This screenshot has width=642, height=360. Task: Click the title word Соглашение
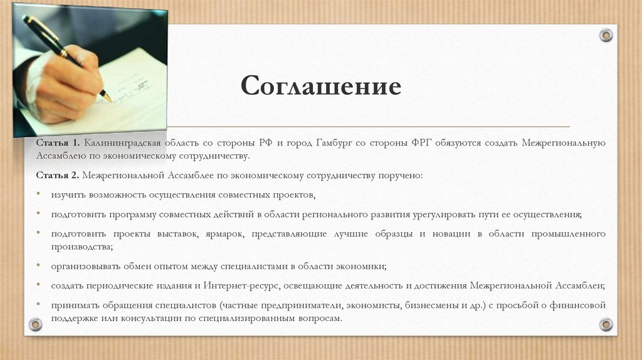coord(320,86)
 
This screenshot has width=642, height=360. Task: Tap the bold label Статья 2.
coord(57,175)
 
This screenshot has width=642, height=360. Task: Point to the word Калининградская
coord(123,144)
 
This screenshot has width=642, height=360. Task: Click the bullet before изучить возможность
coord(38,195)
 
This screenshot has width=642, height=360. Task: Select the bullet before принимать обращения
coord(38,305)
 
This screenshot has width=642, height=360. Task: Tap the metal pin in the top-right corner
coord(606,35)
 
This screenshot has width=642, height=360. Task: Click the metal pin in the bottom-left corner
coord(35,324)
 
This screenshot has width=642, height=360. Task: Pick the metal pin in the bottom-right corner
coord(606,324)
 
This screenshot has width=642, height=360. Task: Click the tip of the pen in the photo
coord(110,99)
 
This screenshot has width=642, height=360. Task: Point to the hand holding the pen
coord(66,85)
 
